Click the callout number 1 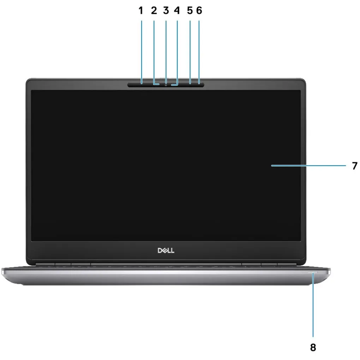[141, 11]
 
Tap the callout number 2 [154, 11]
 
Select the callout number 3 [166, 11]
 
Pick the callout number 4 [177, 11]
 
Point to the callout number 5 [190, 11]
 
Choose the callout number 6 [199, 11]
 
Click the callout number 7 [355, 166]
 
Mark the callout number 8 [313, 347]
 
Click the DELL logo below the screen [166, 250]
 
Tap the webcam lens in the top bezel [166, 85]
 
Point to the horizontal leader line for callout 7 [308, 165]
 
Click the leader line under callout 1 [142, 52]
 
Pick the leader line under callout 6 [199, 52]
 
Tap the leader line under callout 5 [190, 52]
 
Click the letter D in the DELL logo [160, 250]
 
